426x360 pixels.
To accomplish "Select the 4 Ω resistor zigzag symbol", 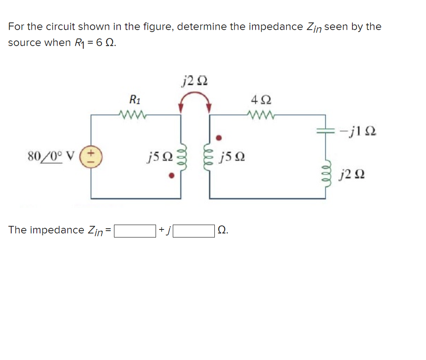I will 260,115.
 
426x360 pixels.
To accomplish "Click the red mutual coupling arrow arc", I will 195,96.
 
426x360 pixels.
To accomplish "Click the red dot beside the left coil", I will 171,175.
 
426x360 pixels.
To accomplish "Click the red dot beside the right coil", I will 218,137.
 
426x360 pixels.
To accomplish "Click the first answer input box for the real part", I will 135,231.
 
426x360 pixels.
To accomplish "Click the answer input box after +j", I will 194,231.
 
